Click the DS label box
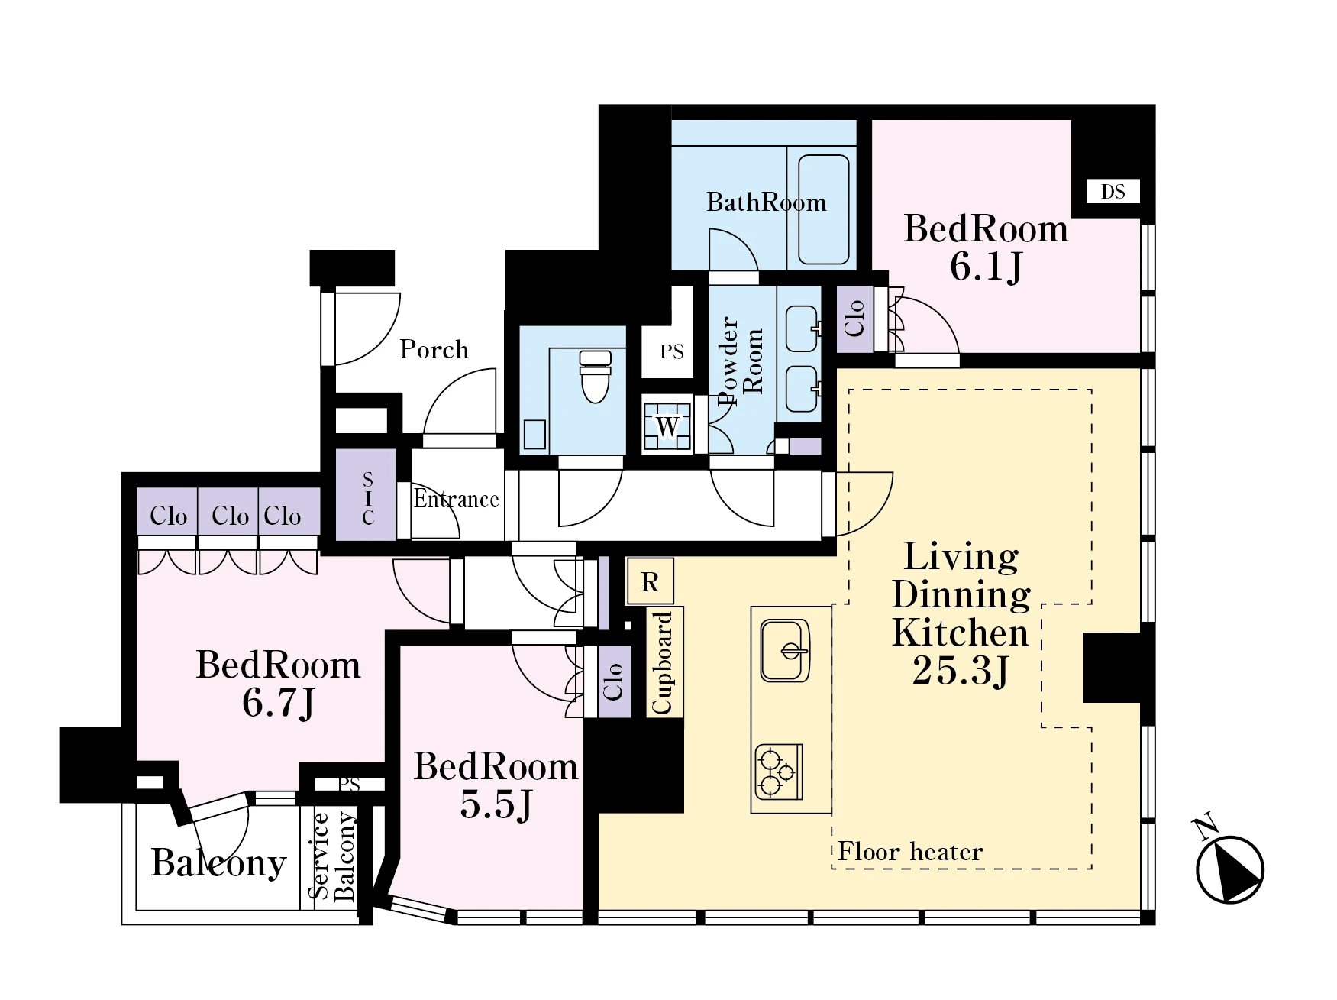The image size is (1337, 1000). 1113,191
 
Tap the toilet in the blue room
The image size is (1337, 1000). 596,377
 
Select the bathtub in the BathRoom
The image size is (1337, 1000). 823,209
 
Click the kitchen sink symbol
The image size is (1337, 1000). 785,650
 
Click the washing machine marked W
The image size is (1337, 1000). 667,426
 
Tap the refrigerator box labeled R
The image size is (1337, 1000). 650,581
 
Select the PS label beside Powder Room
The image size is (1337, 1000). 671,352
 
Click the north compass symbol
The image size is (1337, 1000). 1229,865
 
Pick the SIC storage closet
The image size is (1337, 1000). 367,497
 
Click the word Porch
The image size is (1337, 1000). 434,350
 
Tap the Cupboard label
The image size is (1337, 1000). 662,662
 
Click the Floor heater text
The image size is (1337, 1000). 910,851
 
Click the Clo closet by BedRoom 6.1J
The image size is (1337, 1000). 854,319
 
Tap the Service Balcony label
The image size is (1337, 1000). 332,856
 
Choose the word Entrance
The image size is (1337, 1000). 456,499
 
